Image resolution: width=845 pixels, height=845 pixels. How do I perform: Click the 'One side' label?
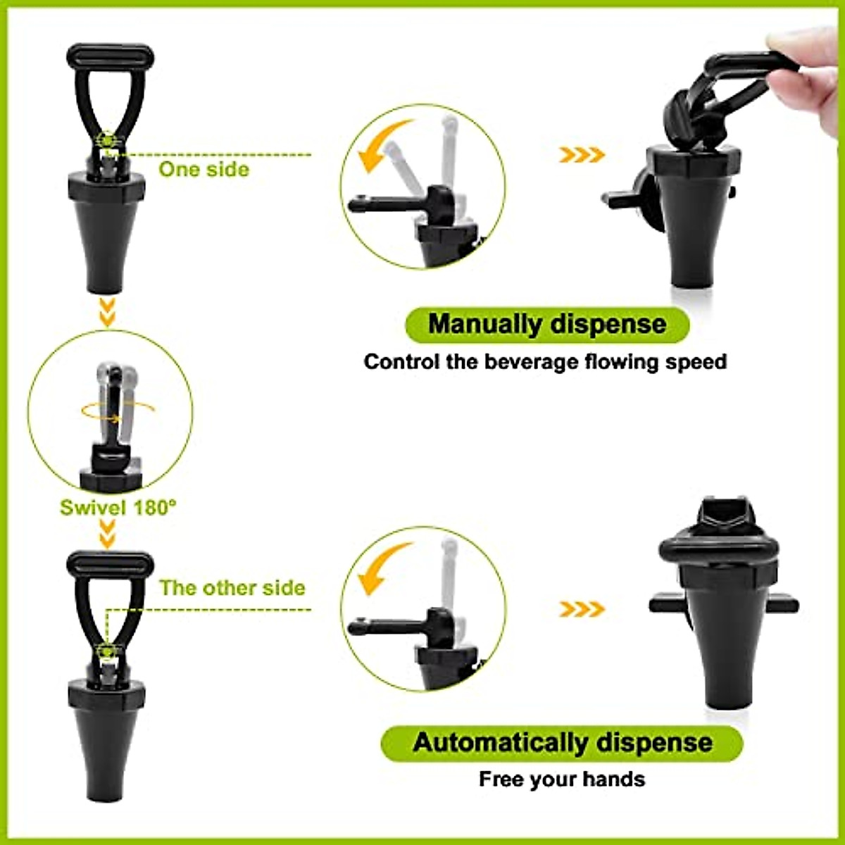[x=204, y=170]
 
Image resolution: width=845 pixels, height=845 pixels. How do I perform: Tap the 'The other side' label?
[x=232, y=588]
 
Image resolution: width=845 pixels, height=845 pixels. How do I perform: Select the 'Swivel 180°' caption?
[x=118, y=508]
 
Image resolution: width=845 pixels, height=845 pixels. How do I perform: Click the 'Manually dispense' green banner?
[x=547, y=325]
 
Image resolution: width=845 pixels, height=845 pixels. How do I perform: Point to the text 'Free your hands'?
[x=562, y=780]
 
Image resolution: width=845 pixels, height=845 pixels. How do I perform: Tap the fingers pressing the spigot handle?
[x=809, y=83]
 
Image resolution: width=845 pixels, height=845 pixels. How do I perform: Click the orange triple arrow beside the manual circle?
[x=582, y=155]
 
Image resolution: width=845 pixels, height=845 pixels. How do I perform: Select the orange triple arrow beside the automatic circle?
[x=582, y=609]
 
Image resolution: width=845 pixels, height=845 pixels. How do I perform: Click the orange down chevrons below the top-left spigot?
[x=108, y=312]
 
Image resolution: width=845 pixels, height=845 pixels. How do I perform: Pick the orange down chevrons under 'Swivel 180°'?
[x=108, y=534]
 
